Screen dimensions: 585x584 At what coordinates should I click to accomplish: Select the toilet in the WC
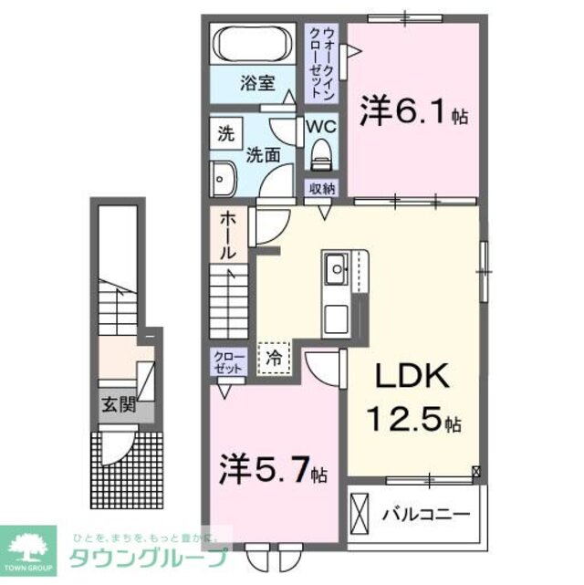(320, 155)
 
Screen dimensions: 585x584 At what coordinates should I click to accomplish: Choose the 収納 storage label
(322, 188)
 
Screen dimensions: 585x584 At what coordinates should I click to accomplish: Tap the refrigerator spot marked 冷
(273, 358)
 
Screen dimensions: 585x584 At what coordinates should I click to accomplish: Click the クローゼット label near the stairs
(228, 363)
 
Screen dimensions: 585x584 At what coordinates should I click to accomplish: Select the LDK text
(408, 379)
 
